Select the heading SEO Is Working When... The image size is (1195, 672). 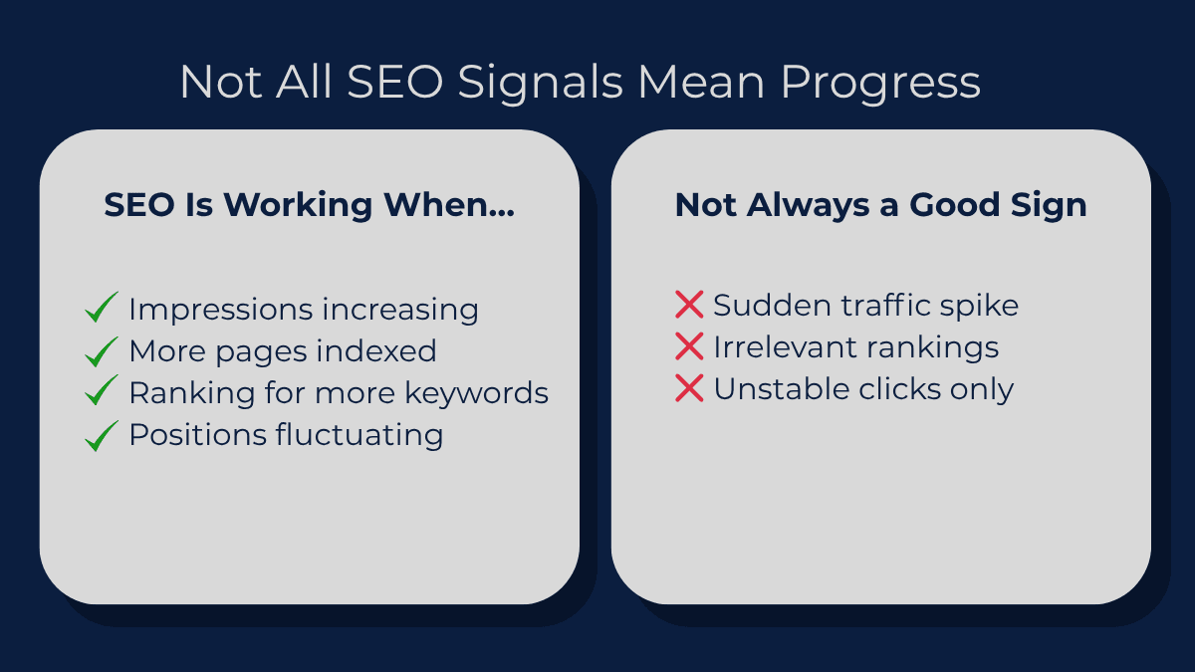(x=310, y=205)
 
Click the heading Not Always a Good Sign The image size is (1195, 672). (x=880, y=205)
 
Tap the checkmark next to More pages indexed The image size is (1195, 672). (x=102, y=350)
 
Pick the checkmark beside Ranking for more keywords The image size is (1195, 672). (x=102, y=392)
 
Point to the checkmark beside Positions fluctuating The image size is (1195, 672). (x=102, y=435)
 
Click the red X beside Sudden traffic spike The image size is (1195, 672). (x=689, y=304)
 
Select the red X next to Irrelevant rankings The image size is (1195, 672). (x=689, y=346)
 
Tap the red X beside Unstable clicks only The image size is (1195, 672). (x=689, y=388)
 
